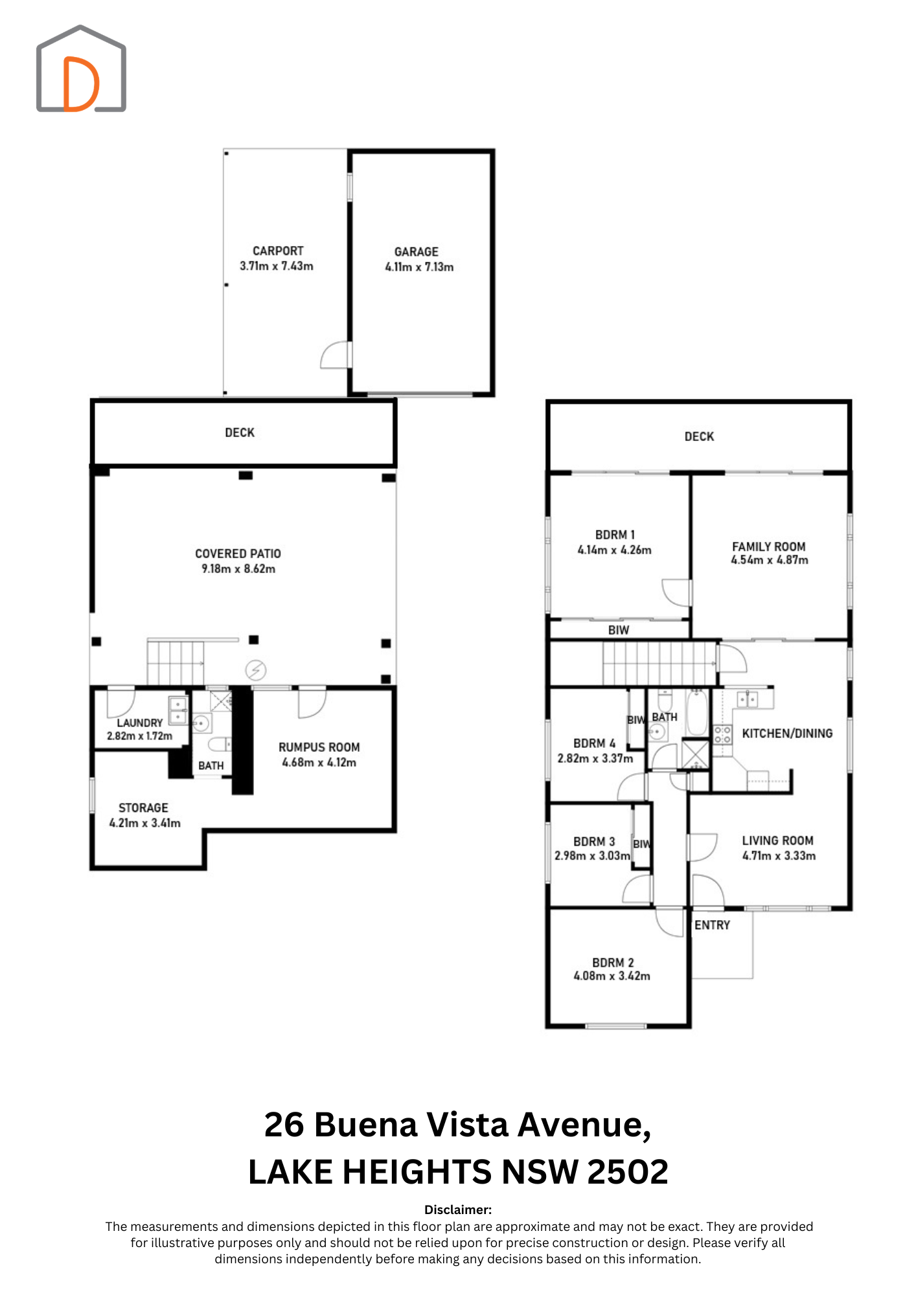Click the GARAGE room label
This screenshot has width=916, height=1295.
tap(417, 252)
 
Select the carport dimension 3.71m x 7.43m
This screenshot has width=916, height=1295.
tap(277, 266)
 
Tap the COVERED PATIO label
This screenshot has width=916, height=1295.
tap(238, 554)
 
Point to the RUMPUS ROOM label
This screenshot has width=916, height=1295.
tap(319, 747)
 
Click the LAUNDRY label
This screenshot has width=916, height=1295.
tap(140, 723)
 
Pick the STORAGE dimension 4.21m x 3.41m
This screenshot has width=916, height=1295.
tap(145, 823)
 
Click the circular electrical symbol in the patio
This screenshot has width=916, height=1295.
tap(256, 670)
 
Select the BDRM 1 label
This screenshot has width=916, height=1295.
tap(615, 535)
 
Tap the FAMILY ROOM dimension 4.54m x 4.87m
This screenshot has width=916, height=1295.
tap(770, 560)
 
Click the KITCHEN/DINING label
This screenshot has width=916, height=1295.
tap(787, 734)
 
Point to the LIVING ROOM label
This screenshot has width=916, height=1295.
tap(778, 840)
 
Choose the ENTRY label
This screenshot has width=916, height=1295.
tap(713, 925)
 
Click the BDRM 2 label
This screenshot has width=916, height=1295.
tap(613, 963)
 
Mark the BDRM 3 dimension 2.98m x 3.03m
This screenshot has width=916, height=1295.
tap(592, 856)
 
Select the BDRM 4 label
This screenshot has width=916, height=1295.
tap(595, 743)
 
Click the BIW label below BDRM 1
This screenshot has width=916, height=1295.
tap(619, 630)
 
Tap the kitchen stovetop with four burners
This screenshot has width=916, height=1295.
tap(722, 734)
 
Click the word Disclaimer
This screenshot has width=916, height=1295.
tap(458, 1210)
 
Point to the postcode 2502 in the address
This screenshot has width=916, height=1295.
tap(627, 1172)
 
